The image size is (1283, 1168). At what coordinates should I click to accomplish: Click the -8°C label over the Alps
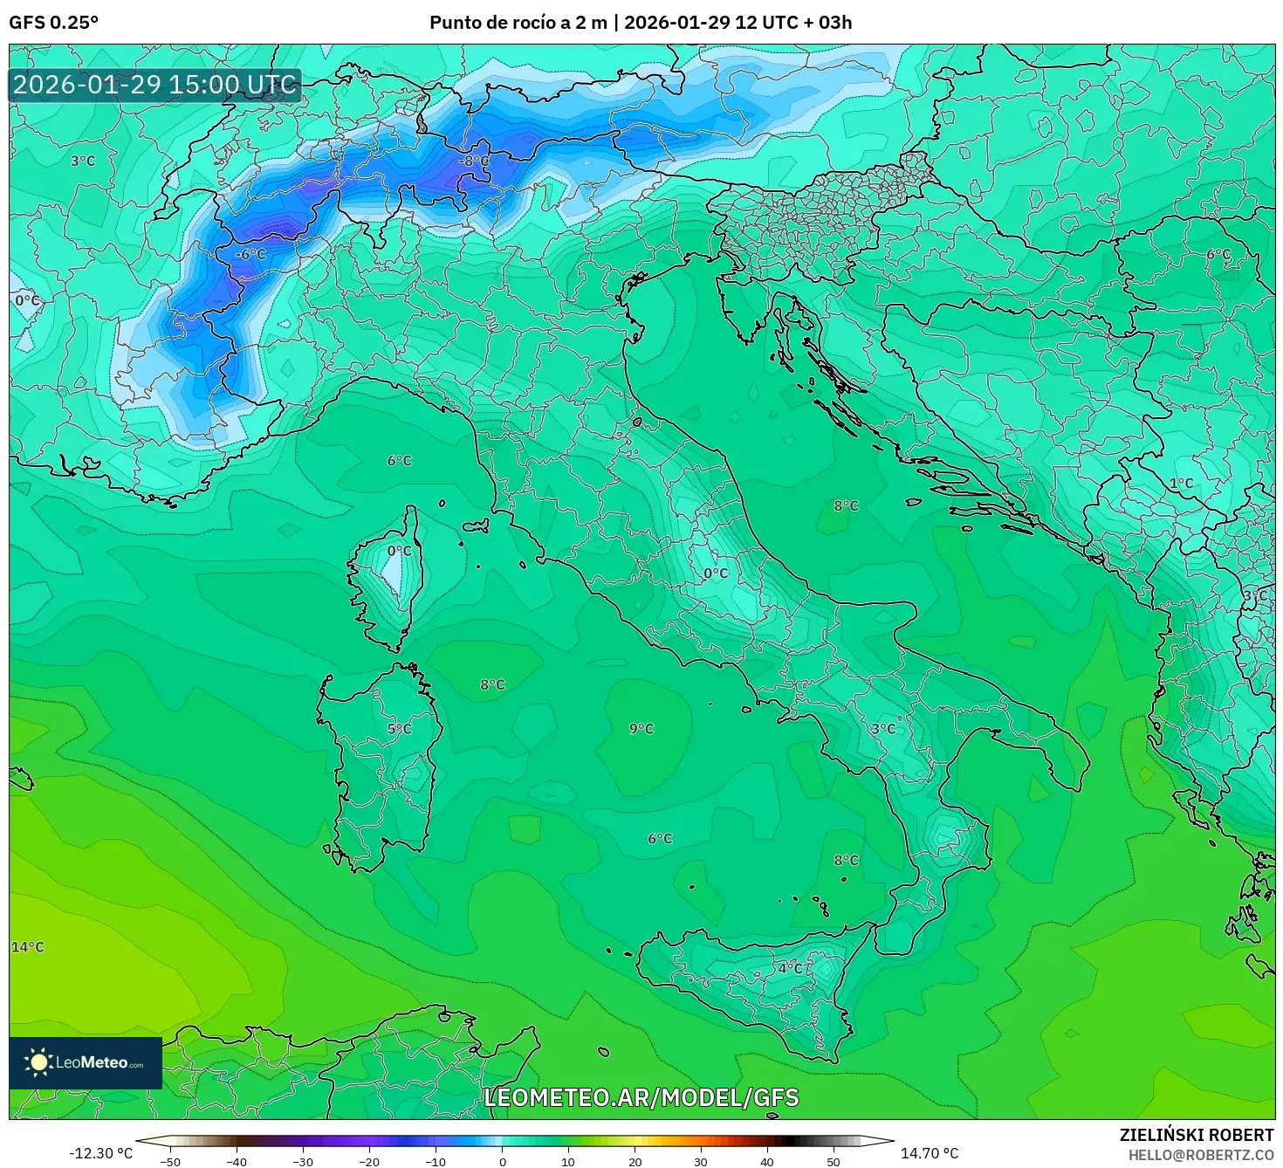pyautogui.click(x=476, y=161)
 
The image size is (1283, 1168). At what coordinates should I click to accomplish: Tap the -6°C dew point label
pyautogui.click(x=250, y=254)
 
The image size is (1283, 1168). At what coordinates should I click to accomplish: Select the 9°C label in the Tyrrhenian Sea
pyautogui.click(x=641, y=729)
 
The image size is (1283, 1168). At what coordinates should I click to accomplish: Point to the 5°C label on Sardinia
pyautogui.click(x=400, y=729)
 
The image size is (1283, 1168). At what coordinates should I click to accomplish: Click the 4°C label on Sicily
pyautogui.click(x=791, y=968)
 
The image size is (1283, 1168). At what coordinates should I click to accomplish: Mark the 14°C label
pyautogui.click(x=27, y=947)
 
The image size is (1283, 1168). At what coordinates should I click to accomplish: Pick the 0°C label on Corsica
pyautogui.click(x=399, y=551)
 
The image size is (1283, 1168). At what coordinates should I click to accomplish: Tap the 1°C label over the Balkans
pyautogui.click(x=1181, y=483)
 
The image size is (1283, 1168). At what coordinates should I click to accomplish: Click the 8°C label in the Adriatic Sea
pyautogui.click(x=846, y=505)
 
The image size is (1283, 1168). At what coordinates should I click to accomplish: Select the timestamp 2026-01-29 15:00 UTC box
pyautogui.click(x=155, y=86)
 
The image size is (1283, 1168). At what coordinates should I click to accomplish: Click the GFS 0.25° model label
pyautogui.click(x=53, y=23)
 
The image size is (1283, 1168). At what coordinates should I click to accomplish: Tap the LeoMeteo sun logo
pyautogui.click(x=38, y=1062)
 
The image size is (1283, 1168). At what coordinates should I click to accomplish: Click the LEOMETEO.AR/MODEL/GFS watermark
pyautogui.click(x=641, y=1098)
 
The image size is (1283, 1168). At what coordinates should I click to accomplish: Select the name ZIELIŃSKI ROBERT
pyautogui.click(x=1196, y=1135)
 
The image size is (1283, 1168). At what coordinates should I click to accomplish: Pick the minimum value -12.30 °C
pyautogui.click(x=100, y=1153)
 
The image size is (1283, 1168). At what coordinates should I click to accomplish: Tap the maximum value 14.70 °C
pyautogui.click(x=930, y=1153)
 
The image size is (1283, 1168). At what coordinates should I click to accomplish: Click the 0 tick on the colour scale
pyautogui.click(x=502, y=1161)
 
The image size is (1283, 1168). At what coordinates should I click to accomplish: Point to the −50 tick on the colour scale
pyautogui.click(x=170, y=1161)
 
